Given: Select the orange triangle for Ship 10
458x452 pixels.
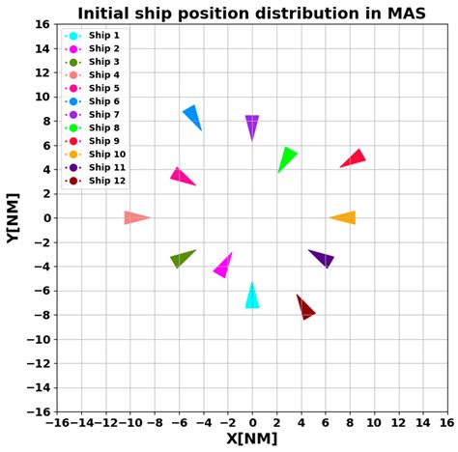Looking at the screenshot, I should pyautogui.click(x=345, y=217).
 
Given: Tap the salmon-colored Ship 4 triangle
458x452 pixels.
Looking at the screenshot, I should pyautogui.click(x=134, y=217).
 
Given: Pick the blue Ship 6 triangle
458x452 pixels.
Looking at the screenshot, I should pyautogui.click(x=192, y=116).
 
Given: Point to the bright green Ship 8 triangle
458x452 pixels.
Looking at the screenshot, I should pyautogui.click(x=286, y=156).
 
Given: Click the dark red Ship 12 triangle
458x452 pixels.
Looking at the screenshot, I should pyautogui.click(x=304, y=308).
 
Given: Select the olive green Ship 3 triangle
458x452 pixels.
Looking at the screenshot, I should pyautogui.click(x=181, y=258).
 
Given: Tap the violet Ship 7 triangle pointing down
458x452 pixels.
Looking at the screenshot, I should pyautogui.click(x=252, y=126).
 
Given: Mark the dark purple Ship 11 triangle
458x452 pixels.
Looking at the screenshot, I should pyautogui.click(x=323, y=258).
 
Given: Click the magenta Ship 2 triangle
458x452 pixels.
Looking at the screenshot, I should pyautogui.click(x=224, y=266).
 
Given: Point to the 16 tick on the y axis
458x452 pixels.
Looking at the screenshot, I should pyautogui.click(x=43, y=24).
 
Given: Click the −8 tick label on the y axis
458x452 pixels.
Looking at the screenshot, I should pyautogui.click(x=40, y=315).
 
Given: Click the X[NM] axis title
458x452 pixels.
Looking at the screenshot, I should pyautogui.click(x=251, y=438).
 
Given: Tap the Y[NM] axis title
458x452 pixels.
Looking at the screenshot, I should pyautogui.click(x=14, y=217).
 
